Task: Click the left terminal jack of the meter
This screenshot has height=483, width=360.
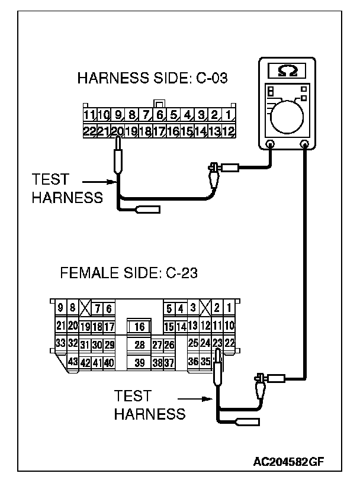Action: tap(271, 143)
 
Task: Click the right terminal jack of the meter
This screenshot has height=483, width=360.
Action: tap(306, 143)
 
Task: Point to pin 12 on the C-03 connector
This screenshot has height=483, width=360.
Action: tap(228, 131)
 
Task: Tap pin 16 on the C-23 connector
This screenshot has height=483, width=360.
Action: tap(140, 327)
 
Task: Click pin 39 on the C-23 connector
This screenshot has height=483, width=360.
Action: tap(140, 362)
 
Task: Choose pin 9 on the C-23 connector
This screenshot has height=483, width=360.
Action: tap(60, 308)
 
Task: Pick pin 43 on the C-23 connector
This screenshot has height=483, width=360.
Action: tap(73, 362)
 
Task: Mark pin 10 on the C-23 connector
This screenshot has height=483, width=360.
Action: tap(230, 325)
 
